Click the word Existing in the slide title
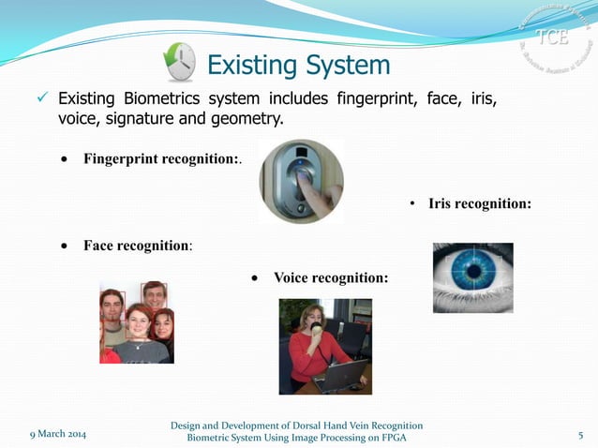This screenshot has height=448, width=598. click(247, 65)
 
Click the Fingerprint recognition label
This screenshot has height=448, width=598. click(161, 158)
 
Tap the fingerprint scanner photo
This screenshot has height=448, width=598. click(301, 181)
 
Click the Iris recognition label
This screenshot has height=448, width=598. click(480, 203)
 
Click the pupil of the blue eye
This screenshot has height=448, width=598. click(475, 272)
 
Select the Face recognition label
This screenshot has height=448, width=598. click(138, 246)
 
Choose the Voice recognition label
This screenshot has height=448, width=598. click(330, 277)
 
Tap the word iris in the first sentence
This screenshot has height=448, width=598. click(494, 98)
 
